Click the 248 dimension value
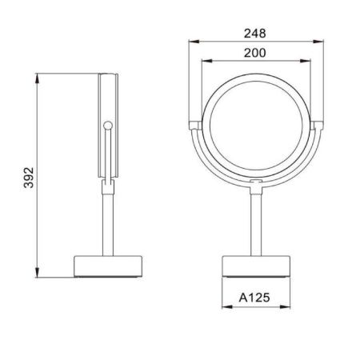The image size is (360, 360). pos(255,34)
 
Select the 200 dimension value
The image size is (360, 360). pos(255,52)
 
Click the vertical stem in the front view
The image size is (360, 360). pos(255,224)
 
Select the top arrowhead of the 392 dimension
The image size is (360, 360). pos(38,77)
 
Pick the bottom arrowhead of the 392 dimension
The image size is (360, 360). pos(38,275)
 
